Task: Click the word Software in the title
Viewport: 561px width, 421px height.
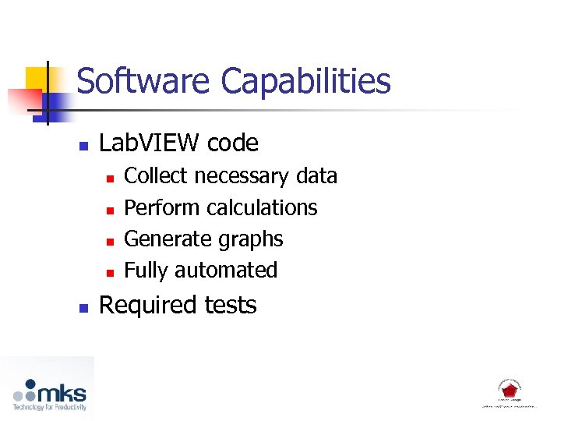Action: [144, 81]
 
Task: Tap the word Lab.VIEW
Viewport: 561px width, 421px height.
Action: [145, 143]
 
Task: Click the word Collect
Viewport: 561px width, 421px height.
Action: [156, 176]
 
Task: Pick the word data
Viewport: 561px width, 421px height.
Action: [317, 176]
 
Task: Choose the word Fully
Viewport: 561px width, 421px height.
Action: [146, 271]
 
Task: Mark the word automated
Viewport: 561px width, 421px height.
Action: [226, 270]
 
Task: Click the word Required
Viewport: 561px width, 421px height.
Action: [146, 305]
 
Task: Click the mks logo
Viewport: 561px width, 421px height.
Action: [48, 393]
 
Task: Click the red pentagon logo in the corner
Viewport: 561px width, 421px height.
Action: [510, 390]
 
